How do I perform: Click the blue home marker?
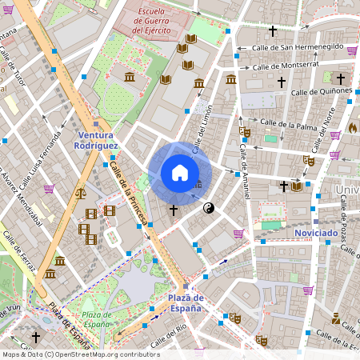click(180, 173)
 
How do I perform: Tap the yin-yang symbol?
click(209, 208)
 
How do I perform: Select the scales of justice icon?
click(80, 193)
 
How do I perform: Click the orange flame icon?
click(353, 128)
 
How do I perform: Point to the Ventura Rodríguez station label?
click(95, 141)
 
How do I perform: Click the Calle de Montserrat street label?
click(286, 66)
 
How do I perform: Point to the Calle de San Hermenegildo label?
click(299, 49)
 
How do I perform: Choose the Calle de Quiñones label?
click(322, 92)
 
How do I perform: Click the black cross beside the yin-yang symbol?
click(174, 210)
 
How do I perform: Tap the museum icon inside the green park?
click(130, 77)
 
